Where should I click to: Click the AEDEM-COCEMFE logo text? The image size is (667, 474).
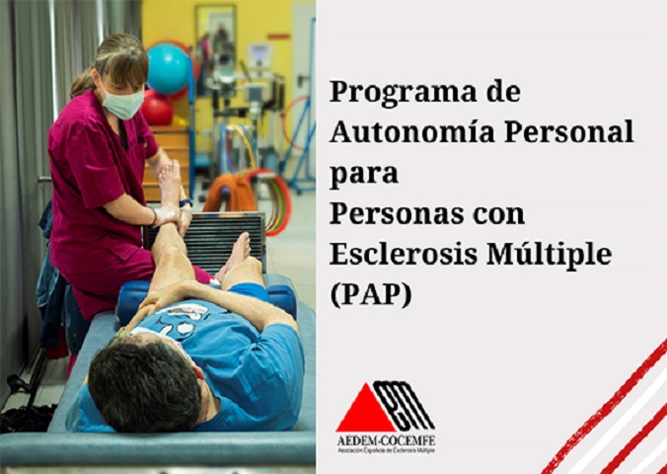point(386,440)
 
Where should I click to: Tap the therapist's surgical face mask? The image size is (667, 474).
point(122,104)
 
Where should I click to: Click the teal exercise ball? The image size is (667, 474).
point(168,69)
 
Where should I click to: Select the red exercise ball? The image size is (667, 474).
point(157,108)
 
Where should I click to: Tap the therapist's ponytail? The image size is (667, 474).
point(82,83)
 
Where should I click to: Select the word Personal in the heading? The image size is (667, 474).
point(569,132)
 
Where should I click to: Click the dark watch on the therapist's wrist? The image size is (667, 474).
point(185,203)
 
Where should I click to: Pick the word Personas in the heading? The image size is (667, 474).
point(398,214)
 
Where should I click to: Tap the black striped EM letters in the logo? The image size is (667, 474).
point(404,405)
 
